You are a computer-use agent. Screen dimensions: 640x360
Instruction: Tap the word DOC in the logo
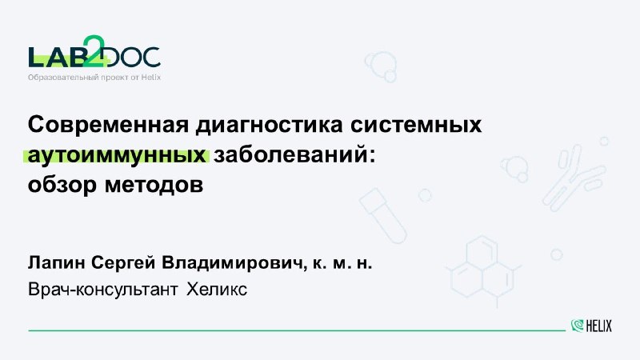coord(134,57)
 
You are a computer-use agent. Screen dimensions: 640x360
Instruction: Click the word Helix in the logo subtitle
coord(151,77)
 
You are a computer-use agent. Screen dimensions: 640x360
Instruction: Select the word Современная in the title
coord(108,125)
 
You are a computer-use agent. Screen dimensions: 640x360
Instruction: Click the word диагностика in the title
coord(270,125)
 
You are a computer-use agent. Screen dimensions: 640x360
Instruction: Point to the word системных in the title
coord(416,125)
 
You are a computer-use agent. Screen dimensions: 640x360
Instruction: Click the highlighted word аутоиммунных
coord(117,155)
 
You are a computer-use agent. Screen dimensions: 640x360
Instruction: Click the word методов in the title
coord(154,186)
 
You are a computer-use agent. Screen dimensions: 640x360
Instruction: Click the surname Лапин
coord(56,263)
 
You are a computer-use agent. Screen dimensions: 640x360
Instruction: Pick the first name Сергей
coord(123,263)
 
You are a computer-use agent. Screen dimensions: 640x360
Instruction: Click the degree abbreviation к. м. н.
coord(342,264)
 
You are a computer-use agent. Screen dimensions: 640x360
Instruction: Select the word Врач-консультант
coord(103,290)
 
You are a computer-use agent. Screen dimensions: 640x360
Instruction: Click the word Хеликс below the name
coord(217,290)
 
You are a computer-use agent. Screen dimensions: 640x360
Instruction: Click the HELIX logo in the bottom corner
coord(591,326)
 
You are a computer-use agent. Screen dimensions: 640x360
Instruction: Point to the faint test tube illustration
coord(382,215)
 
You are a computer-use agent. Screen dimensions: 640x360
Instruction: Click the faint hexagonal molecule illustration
coord(483,270)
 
